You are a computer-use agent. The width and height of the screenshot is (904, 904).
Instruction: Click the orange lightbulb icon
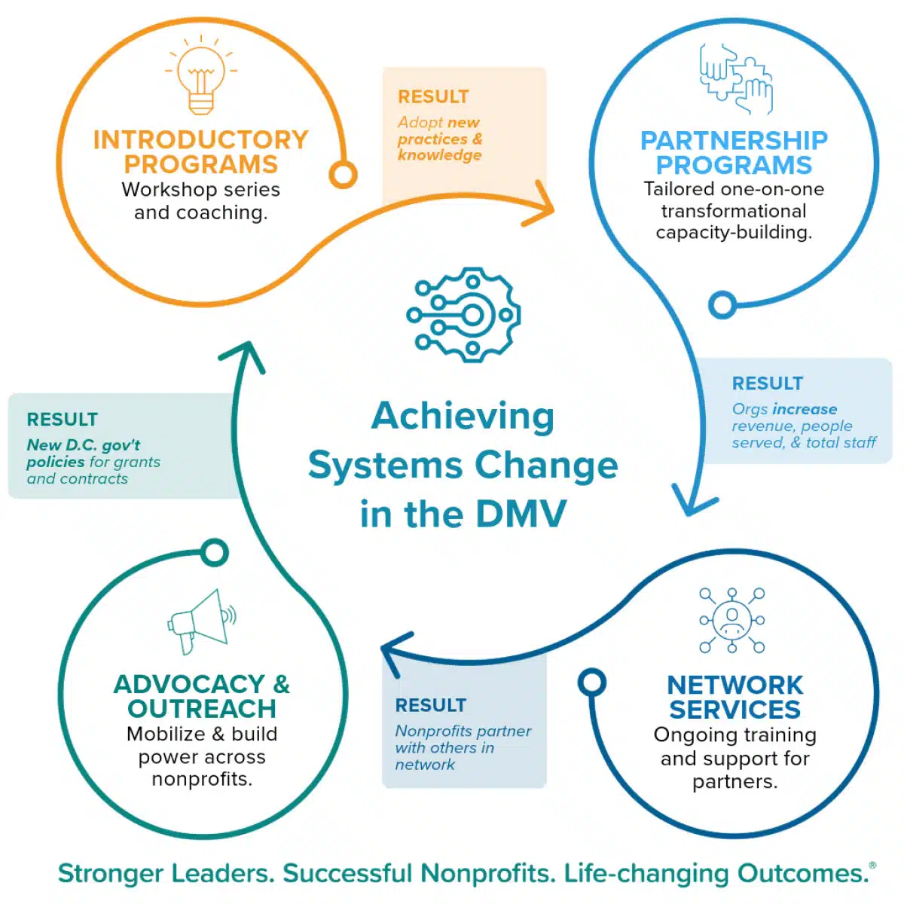[x=201, y=75]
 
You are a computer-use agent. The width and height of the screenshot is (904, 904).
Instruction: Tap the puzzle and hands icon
[x=735, y=79]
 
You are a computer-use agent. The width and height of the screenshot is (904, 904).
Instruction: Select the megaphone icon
[x=202, y=621]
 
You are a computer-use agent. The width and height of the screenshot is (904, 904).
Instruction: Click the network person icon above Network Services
[x=731, y=620]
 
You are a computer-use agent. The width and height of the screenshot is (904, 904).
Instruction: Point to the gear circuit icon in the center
[x=463, y=315]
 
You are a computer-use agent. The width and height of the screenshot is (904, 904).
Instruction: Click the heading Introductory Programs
[x=201, y=152]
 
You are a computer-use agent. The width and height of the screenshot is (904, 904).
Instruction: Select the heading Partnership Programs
[x=734, y=152]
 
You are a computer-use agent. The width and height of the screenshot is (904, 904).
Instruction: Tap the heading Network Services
[x=734, y=697]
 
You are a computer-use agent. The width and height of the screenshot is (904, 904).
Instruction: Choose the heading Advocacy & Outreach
[x=202, y=696]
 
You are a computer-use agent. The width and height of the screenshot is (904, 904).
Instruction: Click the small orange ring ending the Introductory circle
[x=343, y=175]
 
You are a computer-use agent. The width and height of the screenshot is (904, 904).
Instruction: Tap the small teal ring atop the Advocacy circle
[x=215, y=553]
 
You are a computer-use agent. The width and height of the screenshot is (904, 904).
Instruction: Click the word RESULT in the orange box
[x=433, y=96]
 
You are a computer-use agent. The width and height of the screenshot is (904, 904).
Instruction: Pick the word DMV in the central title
[x=521, y=515]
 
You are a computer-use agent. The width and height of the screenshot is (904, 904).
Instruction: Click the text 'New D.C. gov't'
[x=84, y=444]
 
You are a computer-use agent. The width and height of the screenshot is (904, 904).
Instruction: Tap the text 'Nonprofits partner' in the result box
[x=463, y=731]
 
